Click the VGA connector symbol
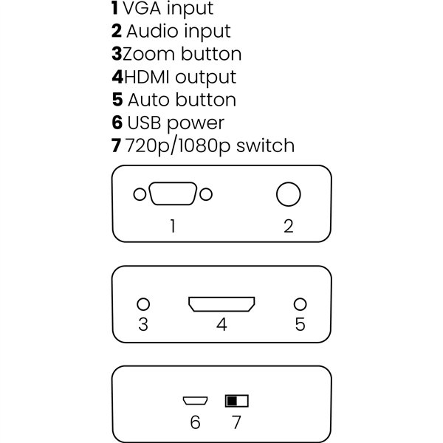tap(173, 195)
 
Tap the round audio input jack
tap(289, 194)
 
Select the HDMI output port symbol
tap(221, 304)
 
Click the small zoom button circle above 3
tap(144, 304)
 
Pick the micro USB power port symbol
tap(194, 401)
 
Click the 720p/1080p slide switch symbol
tap(237, 401)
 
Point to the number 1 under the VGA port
tap(173, 225)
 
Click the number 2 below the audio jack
tap(289, 225)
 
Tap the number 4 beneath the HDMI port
tap(221, 325)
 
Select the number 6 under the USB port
tap(195, 422)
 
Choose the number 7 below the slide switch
tap(236, 422)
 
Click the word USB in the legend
tap(145, 123)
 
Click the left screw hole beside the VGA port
tap(139, 195)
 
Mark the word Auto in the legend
tap(148, 100)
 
